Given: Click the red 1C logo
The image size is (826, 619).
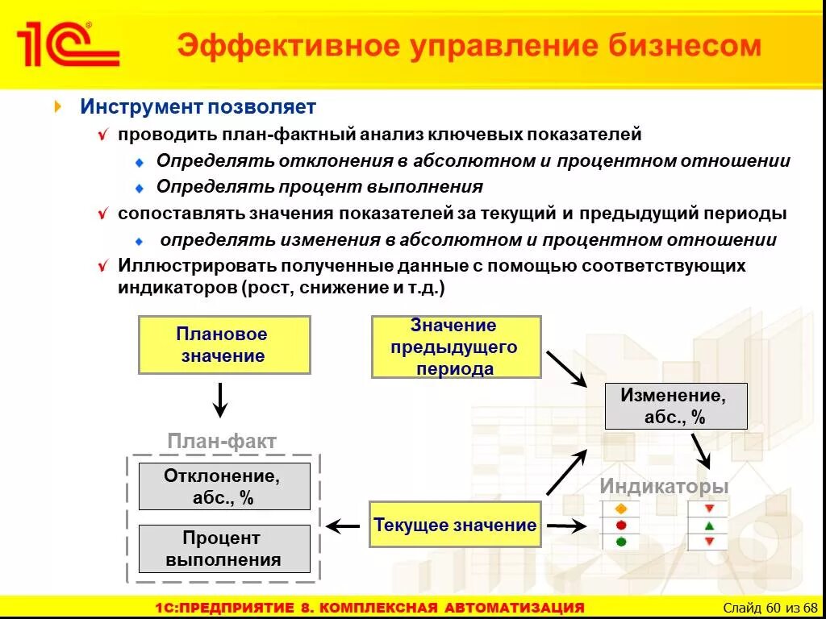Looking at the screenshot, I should [x=68, y=44].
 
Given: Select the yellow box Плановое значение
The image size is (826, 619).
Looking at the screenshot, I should [x=223, y=345].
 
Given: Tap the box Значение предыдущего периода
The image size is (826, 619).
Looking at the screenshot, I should [x=456, y=347].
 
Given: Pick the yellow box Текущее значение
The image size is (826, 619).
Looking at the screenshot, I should [x=455, y=526].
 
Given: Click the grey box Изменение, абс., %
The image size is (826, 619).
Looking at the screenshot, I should [x=675, y=406].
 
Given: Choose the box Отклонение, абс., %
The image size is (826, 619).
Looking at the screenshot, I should [x=223, y=487].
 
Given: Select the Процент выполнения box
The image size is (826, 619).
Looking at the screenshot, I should [x=223, y=549].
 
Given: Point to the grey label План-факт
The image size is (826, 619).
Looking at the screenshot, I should [x=222, y=441].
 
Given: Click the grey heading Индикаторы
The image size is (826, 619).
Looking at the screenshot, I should [x=664, y=487].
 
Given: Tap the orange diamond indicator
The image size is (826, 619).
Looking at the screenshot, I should [x=621, y=509].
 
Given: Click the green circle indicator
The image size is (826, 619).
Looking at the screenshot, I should [x=621, y=542].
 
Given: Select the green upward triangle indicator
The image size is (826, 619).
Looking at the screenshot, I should [x=709, y=526].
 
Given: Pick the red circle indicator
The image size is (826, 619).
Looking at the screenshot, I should [x=621, y=526].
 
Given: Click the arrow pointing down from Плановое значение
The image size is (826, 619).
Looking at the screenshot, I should [x=220, y=399].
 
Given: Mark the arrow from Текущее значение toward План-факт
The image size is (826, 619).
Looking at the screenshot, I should [x=343, y=527].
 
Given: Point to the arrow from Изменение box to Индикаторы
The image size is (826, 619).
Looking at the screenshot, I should [x=700, y=450].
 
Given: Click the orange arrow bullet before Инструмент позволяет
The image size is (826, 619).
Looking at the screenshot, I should [x=58, y=106].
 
